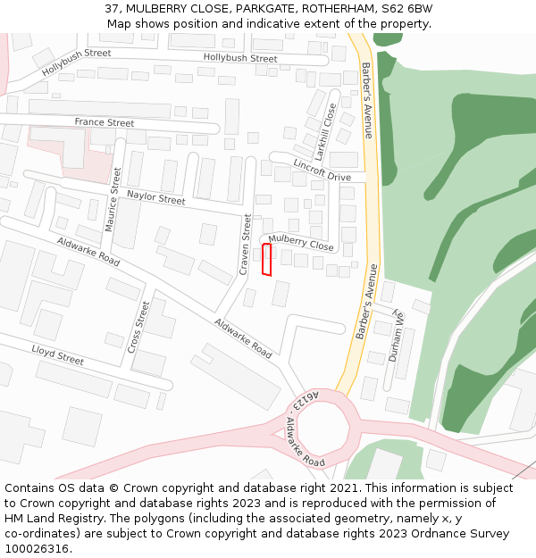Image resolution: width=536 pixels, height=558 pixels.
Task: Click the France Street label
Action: point(105,122)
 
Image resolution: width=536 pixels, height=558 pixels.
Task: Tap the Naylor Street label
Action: point(155,196)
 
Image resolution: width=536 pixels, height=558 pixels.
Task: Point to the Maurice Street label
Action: point(113,199)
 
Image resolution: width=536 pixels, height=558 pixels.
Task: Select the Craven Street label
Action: point(246,243)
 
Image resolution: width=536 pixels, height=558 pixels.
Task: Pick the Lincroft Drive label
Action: point(322,171)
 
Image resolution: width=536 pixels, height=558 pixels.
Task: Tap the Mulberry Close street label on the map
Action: point(301,242)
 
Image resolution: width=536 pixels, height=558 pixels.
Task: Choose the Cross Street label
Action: point(139,327)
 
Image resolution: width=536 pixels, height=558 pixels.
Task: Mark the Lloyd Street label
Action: point(57,354)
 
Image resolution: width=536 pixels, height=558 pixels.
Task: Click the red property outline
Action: point(266,260)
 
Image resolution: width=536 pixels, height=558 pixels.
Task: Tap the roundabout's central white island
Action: point(323,430)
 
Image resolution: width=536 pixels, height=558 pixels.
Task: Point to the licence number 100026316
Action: point(37,549)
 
